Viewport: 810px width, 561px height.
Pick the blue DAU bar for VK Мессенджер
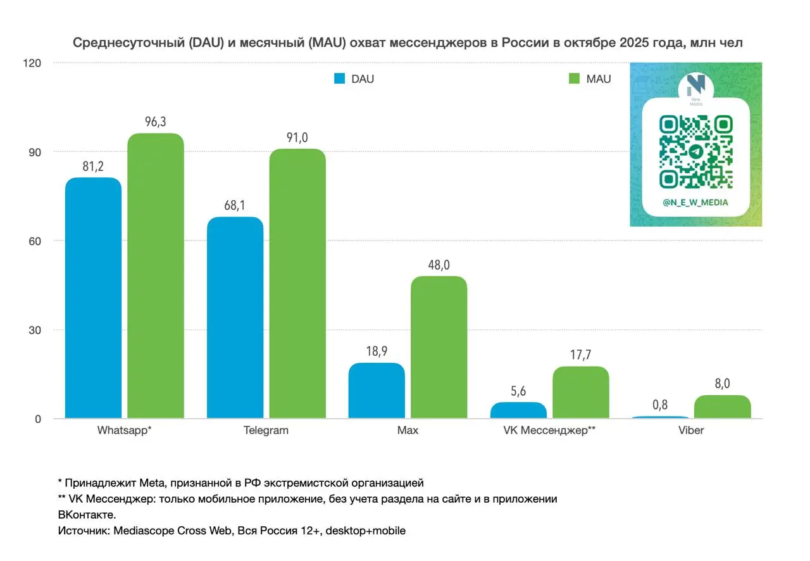[x=518, y=410]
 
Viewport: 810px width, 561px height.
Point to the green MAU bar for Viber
[x=722, y=407]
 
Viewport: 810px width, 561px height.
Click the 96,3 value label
[x=155, y=122]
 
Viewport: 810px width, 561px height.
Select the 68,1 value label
[x=235, y=206]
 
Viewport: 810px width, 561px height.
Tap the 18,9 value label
[x=377, y=352]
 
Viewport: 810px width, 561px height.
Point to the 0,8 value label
[x=660, y=405]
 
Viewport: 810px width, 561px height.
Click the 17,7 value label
[x=580, y=355]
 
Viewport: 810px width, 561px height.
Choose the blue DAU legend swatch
[x=339, y=79]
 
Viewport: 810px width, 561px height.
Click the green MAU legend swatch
[x=574, y=79]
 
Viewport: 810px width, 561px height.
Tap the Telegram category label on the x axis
[x=266, y=431]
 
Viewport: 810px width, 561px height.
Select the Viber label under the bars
[x=691, y=431]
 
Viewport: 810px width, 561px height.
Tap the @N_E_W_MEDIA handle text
[x=695, y=203]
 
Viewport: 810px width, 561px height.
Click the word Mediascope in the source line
[x=140, y=531]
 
